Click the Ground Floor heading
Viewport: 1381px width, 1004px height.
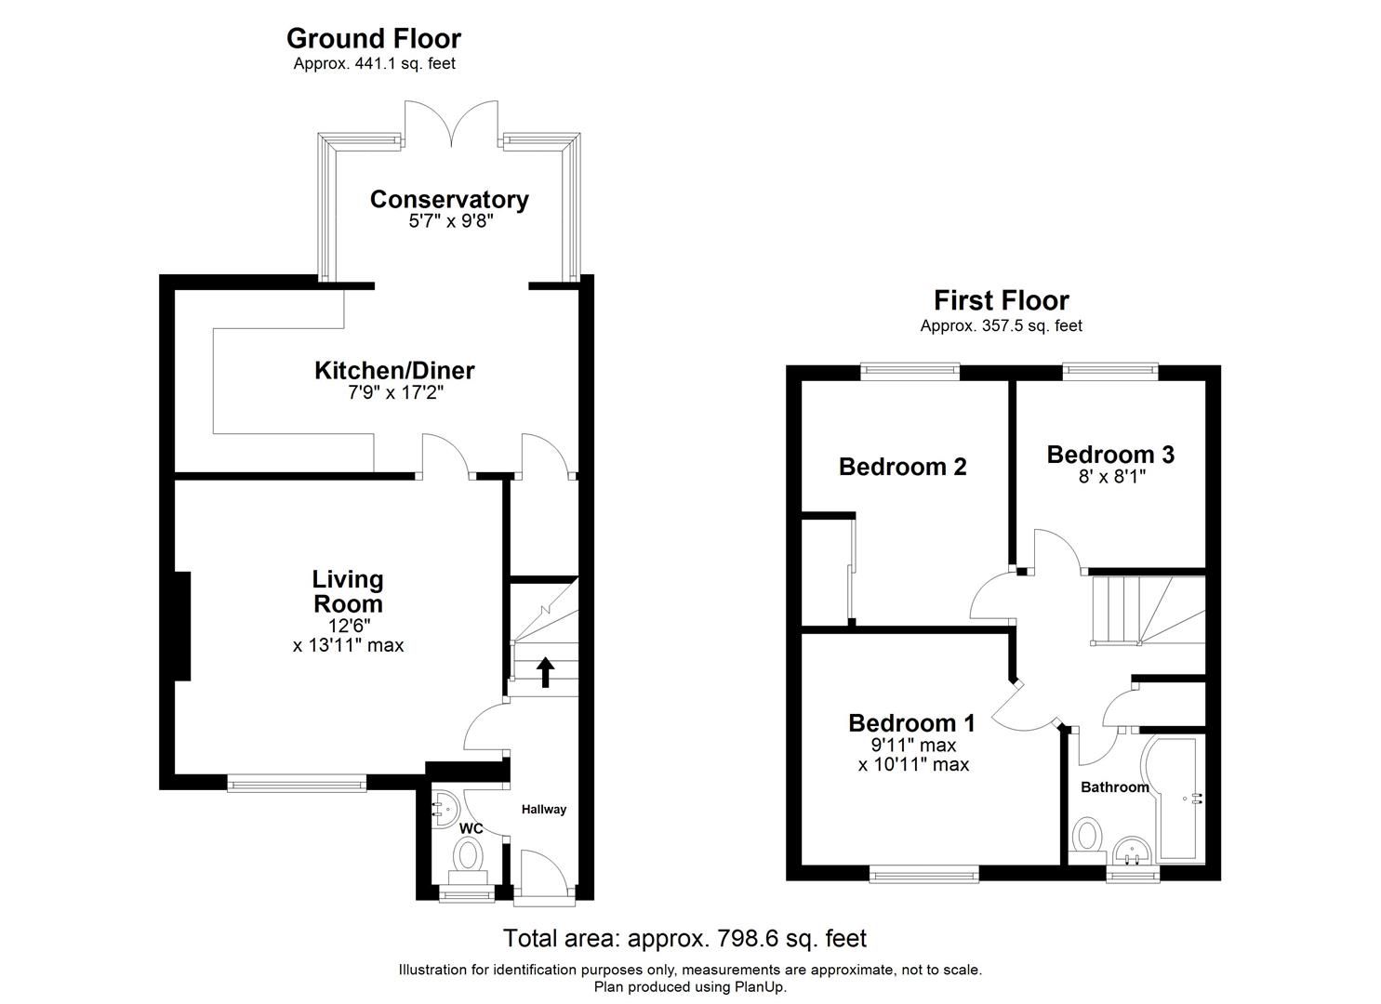pos(373,38)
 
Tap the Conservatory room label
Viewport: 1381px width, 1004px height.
pos(449,199)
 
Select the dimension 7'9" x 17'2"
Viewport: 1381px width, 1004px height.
pos(393,392)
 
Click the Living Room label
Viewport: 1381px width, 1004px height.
pos(348,591)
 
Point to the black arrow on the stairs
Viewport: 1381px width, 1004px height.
pos(545,671)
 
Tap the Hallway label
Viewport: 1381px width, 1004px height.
pos(543,809)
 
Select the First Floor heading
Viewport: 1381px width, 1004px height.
pos(1001,300)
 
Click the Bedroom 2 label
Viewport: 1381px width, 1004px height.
pos(902,466)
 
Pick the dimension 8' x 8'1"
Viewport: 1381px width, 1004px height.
pos(1109,477)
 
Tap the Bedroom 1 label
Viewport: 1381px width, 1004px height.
pos(911,722)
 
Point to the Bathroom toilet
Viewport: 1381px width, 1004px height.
pos(1084,835)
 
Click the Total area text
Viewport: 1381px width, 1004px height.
pos(684,938)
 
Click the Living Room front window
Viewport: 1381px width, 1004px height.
pos(297,785)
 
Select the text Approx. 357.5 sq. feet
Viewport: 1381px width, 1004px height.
pos(1001,325)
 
